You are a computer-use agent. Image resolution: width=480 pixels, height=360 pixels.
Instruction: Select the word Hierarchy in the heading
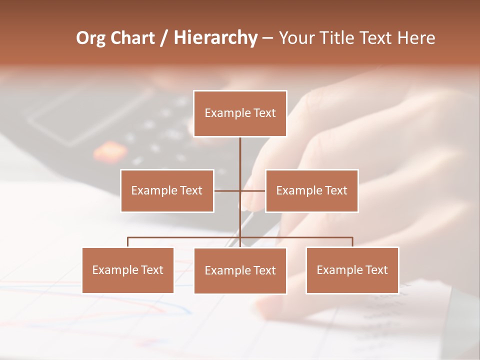click(x=215, y=38)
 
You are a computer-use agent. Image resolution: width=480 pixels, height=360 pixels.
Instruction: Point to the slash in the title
click(x=164, y=38)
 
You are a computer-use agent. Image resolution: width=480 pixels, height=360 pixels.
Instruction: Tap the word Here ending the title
click(x=416, y=38)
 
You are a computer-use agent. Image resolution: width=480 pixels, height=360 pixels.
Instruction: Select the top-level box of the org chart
click(x=240, y=113)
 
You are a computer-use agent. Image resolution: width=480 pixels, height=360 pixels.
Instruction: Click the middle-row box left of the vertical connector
click(x=167, y=190)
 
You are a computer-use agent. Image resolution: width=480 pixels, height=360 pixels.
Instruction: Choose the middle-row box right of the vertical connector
click(x=311, y=190)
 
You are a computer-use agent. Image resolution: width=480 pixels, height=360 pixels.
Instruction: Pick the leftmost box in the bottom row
click(x=128, y=270)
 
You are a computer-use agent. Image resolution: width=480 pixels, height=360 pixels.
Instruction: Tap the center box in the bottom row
click(x=240, y=270)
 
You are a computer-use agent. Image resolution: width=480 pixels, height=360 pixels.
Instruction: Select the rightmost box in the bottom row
click(x=352, y=270)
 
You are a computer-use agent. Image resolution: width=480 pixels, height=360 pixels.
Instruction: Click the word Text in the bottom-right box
click(x=376, y=270)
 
